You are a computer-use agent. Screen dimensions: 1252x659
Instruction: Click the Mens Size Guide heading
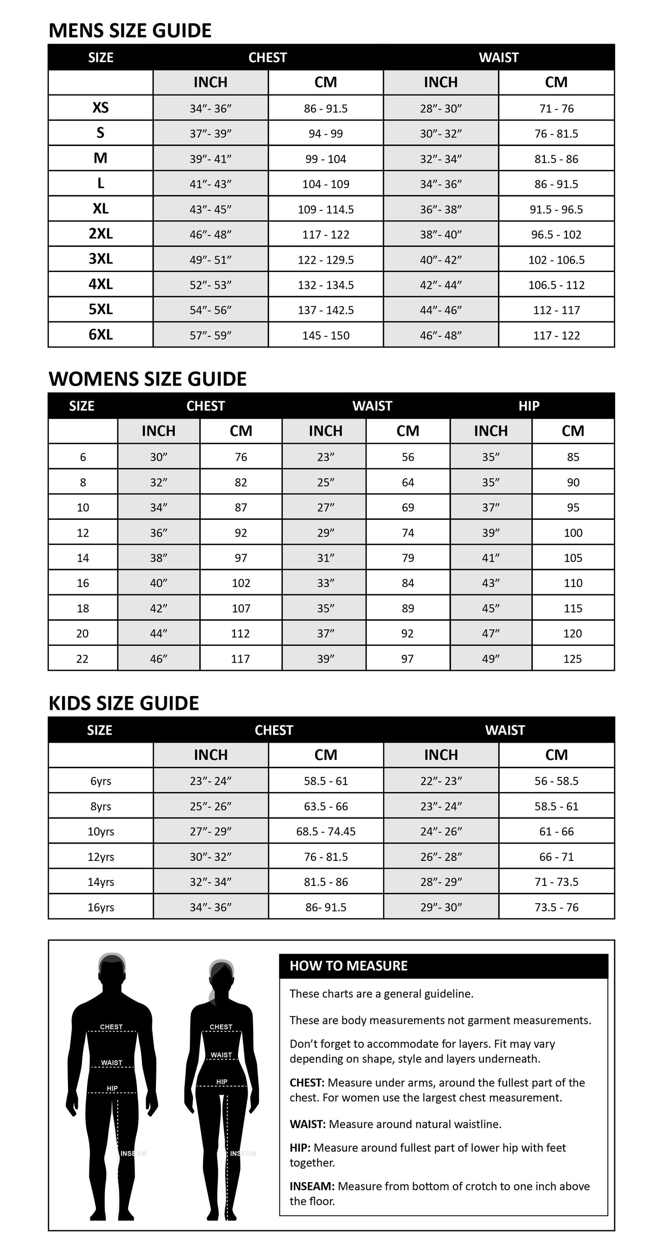[x=130, y=31]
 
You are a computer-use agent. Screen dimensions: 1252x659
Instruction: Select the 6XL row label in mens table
[x=100, y=335]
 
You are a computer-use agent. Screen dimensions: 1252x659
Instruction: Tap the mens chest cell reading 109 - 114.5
[x=325, y=210]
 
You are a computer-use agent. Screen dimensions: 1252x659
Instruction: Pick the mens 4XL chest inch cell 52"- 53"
[x=210, y=285]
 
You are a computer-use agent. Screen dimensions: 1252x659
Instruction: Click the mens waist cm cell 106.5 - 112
[x=556, y=285]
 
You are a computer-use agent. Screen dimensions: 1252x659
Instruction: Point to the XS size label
[x=100, y=107]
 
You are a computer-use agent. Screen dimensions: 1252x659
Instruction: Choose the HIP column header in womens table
[x=529, y=406]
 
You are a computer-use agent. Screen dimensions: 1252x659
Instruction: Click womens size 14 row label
[x=83, y=558]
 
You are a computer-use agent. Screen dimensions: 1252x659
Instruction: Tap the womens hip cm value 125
[x=572, y=659]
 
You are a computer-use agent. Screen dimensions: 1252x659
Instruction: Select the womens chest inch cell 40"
[x=158, y=583]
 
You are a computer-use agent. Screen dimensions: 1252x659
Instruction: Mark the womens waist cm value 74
[x=407, y=533]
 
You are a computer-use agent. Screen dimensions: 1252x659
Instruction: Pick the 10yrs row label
[x=100, y=832]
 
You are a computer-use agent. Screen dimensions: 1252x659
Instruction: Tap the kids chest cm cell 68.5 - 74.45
[x=325, y=832]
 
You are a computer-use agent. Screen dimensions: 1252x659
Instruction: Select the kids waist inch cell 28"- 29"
[x=441, y=882]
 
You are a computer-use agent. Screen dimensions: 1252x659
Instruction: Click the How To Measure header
[x=348, y=966]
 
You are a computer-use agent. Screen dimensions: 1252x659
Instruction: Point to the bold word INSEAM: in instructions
[x=312, y=1186]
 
